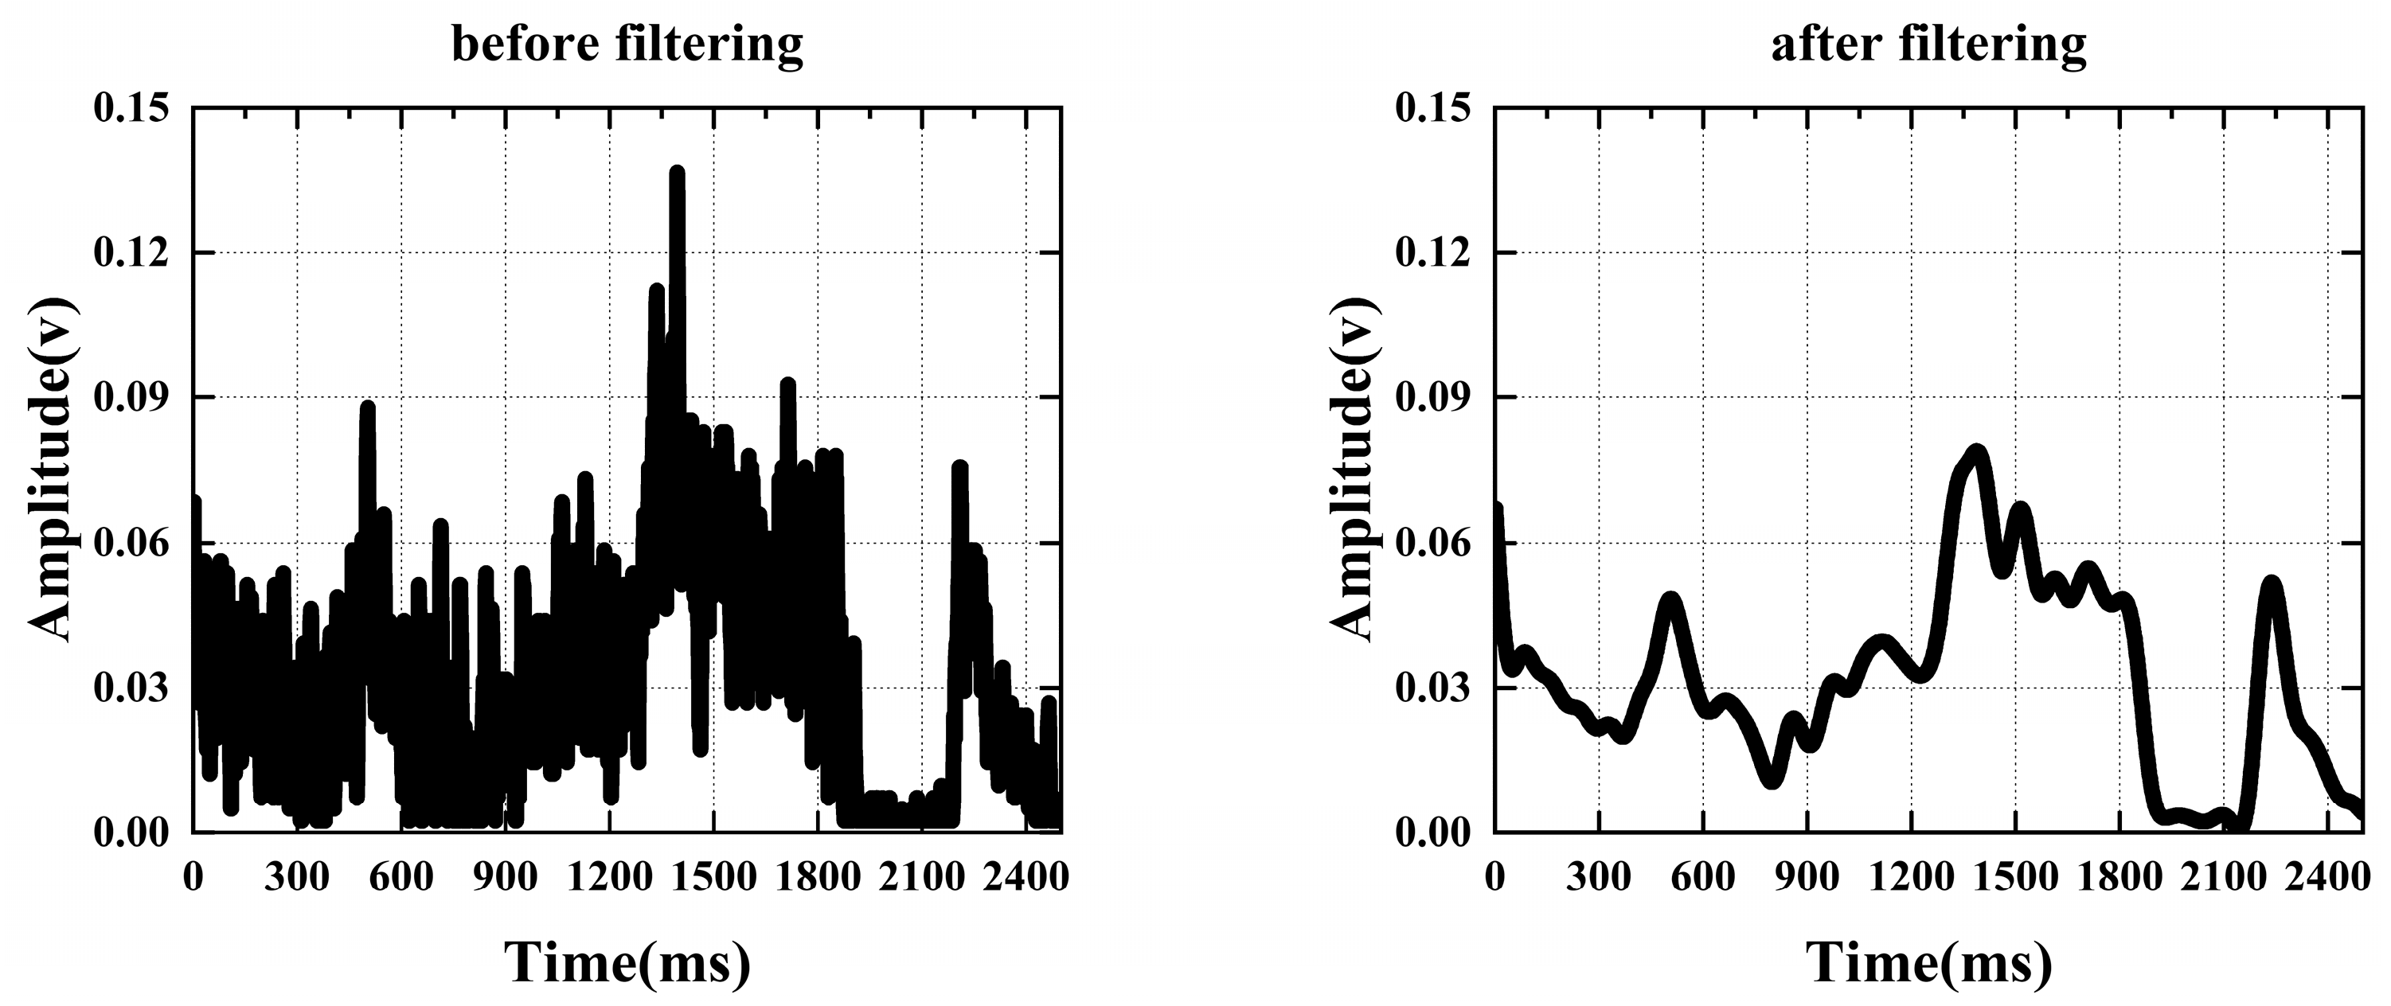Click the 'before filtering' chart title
point(627,44)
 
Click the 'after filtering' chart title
point(1928,44)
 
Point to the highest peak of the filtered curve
point(1977,452)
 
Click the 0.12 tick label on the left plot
point(132,252)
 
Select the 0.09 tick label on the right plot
point(1433,397)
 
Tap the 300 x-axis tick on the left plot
point(297,876)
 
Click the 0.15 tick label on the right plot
point(1433,107)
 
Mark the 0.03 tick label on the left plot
point(132,688)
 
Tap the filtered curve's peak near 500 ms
point(1670,599)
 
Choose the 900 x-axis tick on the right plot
point(1807,876)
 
